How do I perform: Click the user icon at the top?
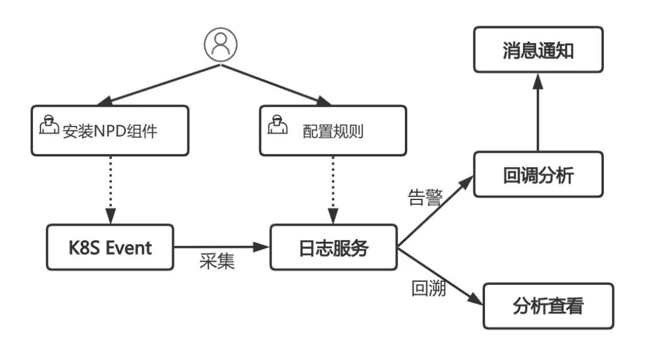coord(220,44)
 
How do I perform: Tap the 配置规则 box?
coord(333,131)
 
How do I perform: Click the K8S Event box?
coord(109,247)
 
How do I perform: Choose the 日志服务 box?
coord(334,247)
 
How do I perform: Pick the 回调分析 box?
coord(538,174)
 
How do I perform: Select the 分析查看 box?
coord(548,306)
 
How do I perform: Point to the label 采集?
coord(217,262)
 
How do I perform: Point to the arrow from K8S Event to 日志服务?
coord(221,246)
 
